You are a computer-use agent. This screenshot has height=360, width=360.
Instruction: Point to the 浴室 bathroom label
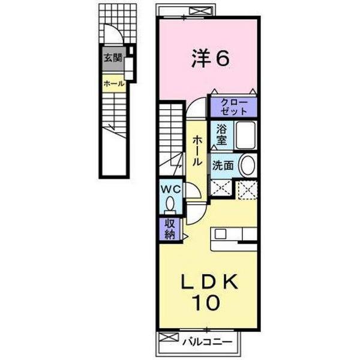pyautogui.click(x=219, y=134)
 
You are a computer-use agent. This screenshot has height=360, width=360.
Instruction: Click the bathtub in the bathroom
pyautogui.click(x=244, y=135)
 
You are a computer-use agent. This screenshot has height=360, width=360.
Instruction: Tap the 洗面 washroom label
pyautogui.click(x=221, y=165)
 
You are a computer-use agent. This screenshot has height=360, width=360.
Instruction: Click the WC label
pyautogui.click(x=170, y=188)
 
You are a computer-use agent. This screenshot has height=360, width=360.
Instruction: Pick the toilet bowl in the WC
pyautogui.click(x=171, y=205)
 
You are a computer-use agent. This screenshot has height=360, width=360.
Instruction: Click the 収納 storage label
pyautogui.click(x=167, y=229)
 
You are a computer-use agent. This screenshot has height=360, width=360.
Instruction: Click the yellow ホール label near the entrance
pyautogui.click(x=113, y=84)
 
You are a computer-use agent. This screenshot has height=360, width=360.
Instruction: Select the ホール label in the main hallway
pyautogui.click(x=197, y=150)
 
